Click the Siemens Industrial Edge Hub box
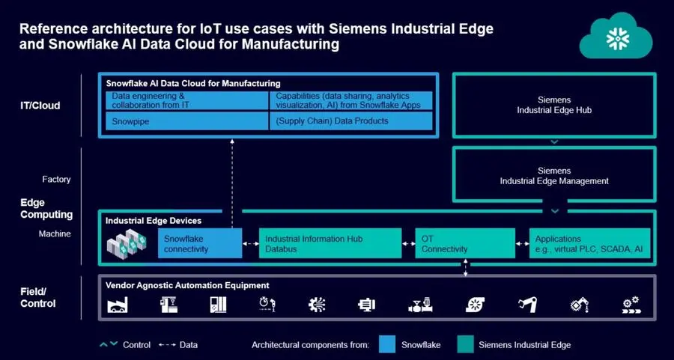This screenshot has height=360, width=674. pyautogui.click(x=553, y=104)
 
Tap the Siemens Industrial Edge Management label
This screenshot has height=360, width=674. pyautogui.click(x=553, y=175)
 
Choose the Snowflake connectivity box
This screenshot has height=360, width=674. pyautogui.click(x=199, y=244)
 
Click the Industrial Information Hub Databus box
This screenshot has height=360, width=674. pyautogui.click(x=330, y=244)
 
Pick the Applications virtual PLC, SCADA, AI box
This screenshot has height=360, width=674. pyautogui.click(x=589, y=244)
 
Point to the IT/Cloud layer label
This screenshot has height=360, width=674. pyautogui.click(x=40, y=106)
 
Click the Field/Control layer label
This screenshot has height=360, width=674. pyautogui.click(x=37, y=297)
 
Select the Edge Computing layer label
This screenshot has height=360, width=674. pyautogui.click(x=46, y=209)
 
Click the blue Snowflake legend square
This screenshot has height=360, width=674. pyautogui.click(x=387, y=344)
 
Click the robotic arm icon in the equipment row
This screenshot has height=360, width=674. pyautogui.click(x=528, y=305)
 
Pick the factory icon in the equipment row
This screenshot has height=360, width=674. pyautogui.click(x=119, y=305)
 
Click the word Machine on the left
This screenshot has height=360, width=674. pyautogui.click(x=55, y=234)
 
